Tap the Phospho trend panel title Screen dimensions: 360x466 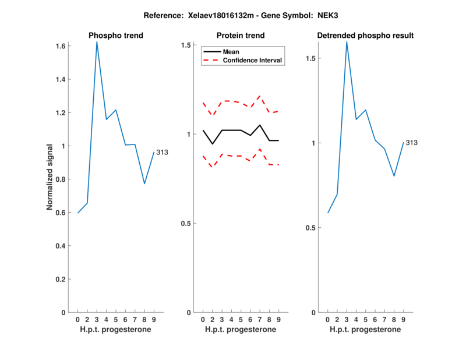(x=116, y=36)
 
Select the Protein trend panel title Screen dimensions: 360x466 (x=241, y=36)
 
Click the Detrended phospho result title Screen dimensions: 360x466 (x=365, y=36)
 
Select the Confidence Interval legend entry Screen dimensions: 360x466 (x=252, y=60)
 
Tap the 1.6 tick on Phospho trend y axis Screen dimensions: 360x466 (x=60, y=46)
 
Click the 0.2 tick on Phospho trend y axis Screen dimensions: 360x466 (x=60, y=279)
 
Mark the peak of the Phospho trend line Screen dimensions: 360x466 (x=97, y=42)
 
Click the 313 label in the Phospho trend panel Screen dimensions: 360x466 (x=162, y=153)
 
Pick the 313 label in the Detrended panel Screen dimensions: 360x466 (x=411, y=143)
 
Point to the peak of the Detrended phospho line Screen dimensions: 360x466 (x=347, y=42)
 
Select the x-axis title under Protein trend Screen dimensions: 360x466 (x=241, y=329)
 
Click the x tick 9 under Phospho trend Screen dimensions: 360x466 (x=154, y=319)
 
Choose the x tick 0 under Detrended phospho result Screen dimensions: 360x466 (x=328, y=319)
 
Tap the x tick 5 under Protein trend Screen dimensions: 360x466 (x=241, y=319)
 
